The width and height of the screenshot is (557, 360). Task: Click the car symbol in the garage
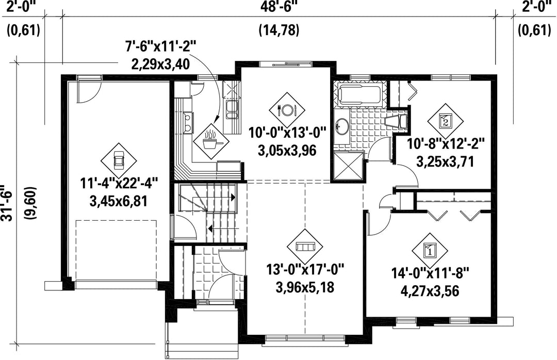[x=119, y=160]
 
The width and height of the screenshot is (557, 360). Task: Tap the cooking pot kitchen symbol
[x=211, y=141]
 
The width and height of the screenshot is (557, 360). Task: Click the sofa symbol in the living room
[x=304, y=247]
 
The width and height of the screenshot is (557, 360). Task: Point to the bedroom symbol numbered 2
[x=445, y=121]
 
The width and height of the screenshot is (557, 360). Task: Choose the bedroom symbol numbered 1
[x=430, y=251]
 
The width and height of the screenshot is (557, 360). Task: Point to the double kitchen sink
[x=233, y=109]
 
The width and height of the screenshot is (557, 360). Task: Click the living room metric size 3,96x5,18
[x=305, y=287]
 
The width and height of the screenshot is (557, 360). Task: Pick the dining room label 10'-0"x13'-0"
[x=287, y=134]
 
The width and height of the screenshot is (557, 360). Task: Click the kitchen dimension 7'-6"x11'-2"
[x=160, y=47]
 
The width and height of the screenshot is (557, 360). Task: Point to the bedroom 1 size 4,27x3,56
[x=430, y=291]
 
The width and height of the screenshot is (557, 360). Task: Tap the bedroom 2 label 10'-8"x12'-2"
[x=446, y=144]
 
